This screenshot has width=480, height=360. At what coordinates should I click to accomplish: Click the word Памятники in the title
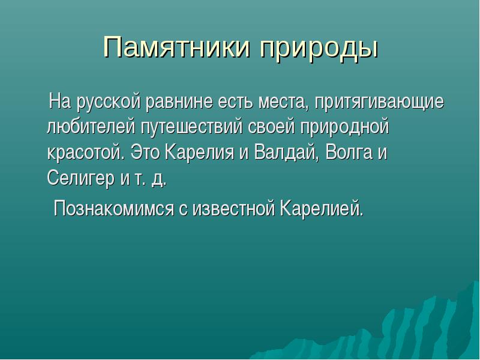click(x=176, y=47)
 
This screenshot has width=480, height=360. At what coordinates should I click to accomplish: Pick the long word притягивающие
click(x=379, y=102)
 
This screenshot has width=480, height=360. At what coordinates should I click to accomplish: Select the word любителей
click(x=91, y=126)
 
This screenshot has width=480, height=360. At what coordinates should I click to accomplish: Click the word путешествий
click(x=191, y=127)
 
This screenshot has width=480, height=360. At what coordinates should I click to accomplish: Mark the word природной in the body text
click(x=344, y=127)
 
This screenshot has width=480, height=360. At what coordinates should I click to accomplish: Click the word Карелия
click(x=200, y=152)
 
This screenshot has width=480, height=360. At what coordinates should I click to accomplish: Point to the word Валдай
click(x=285, y=152)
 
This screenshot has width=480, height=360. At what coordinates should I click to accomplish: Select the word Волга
click(x=349, y=152)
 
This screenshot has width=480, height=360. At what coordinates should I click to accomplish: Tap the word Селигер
click(x=81, y=178)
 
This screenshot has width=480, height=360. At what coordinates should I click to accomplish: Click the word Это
click(x=145, y=152)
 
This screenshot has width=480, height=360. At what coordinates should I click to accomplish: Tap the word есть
click(x=236, y=102)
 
